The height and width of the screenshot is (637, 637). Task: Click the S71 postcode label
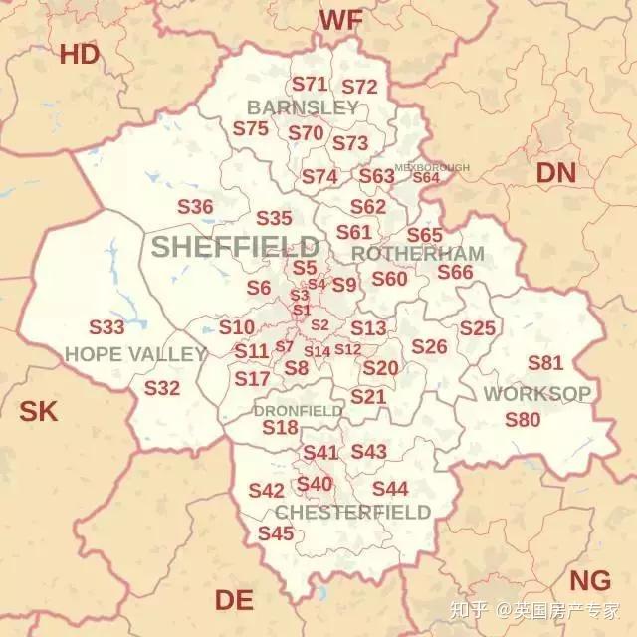(x=310, y=85)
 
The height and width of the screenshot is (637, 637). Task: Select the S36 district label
(x=196, y=207)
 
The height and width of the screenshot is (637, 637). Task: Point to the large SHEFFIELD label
(x=236, y=247)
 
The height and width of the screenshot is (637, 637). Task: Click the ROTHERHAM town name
(x=418, y=254)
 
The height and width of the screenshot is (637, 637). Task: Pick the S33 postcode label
(x=106, y=327)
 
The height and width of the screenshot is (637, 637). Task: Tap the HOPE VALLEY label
(x=135, y=354)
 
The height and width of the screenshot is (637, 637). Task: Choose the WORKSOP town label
(x=536, y=394)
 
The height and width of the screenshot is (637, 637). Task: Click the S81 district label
(x=545, y=363)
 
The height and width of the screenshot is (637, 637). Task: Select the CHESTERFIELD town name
(x=353, y=513)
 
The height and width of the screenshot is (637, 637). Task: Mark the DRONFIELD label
(x=298, y=411)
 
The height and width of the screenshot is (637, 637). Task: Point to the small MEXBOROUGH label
(x=432, y=168)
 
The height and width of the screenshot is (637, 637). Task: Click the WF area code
(x=340, y=19)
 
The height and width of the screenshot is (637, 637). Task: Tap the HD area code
(x=80, y=55)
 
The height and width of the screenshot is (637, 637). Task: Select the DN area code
(x=555, y=173)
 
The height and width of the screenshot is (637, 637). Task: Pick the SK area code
(x=40, y=410)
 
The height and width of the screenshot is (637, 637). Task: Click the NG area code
(x=589, y=581)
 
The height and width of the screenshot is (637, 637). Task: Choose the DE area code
(x=234, y=600)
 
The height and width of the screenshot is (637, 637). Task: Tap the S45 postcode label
(x=276, y=533)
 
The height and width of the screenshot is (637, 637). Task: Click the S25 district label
(x=477, y=328)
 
